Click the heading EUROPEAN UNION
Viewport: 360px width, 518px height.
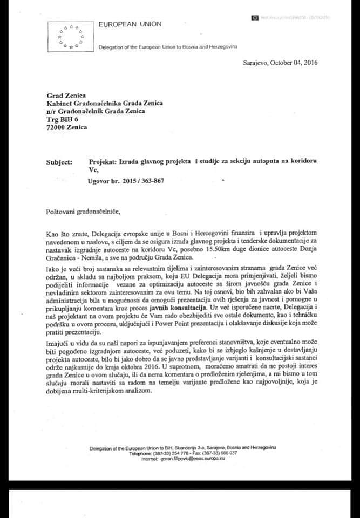[130, 24]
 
